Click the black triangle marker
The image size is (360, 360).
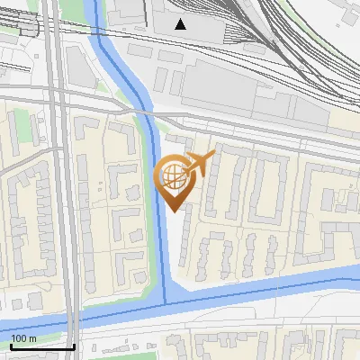(x=182, y=24)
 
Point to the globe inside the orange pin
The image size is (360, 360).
(x=174, y=176)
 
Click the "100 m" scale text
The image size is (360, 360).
(x=23, y=338)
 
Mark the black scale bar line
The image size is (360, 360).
(x=41, y=346)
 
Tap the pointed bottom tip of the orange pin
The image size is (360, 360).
(x=175, y=211)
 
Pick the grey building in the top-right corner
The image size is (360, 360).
(x=346, y=17)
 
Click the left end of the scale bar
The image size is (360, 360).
(x=10, y=346)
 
